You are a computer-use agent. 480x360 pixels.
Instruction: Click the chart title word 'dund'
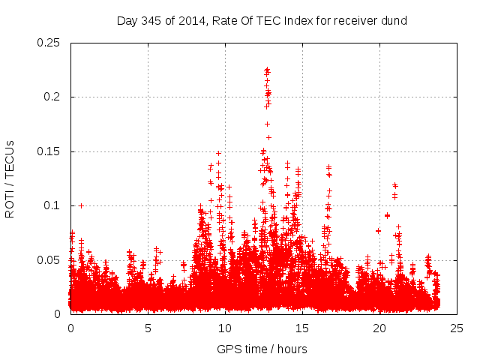click(x=394, y=21)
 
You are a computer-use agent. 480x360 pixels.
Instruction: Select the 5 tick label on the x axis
click(x=148, y=328)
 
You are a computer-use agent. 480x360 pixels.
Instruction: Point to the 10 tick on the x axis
click(x=226, y=328)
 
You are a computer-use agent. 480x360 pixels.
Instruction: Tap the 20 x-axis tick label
click(x=380, y=328)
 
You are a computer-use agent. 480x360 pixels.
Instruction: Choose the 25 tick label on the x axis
click(x=457, y=328)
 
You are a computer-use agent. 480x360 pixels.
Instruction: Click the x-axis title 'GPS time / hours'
click(x=262, y=349)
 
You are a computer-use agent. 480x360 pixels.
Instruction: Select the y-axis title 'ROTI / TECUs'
click(x=10, y=178)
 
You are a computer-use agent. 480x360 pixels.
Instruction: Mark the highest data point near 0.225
click(x=267, y=70)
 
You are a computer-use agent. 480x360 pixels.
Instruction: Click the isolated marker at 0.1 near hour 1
click(x=81, y=205)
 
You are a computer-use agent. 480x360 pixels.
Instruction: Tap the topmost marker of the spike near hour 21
click(x=394, y=184)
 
